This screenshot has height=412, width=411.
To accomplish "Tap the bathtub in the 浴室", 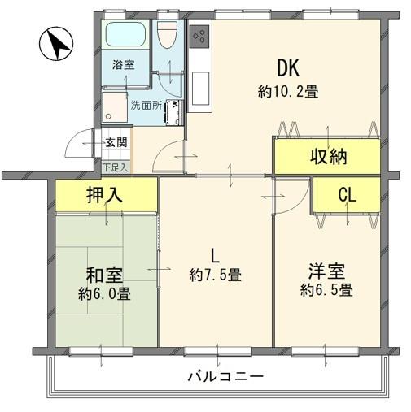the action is point(125,34).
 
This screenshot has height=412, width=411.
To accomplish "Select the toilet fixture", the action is point(168,35).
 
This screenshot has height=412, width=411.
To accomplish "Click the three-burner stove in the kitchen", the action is point(199,37).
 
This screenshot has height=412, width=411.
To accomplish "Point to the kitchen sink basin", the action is point(200,89).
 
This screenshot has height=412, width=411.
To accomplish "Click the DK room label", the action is point(288,68).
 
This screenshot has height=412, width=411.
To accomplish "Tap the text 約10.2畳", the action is point(288,91).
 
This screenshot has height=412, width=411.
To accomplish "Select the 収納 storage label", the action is point(329,156).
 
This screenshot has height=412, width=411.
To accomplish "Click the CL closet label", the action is point(348,194).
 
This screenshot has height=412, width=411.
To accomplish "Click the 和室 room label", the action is point(104,275).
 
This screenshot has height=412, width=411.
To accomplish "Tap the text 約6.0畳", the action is point(104,293).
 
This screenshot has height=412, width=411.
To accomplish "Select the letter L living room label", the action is point(215,256).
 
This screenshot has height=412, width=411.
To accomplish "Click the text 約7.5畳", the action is point(215,275).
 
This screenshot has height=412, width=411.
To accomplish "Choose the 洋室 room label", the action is point(326,271).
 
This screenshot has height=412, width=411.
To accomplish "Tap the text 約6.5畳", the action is point(326,290).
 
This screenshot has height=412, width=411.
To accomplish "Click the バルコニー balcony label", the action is point(225,377).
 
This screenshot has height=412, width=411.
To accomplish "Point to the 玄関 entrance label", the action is point(116,142).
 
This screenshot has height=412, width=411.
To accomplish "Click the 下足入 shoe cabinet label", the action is point(116,167).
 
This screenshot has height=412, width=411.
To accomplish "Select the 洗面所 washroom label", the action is point(146,106).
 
